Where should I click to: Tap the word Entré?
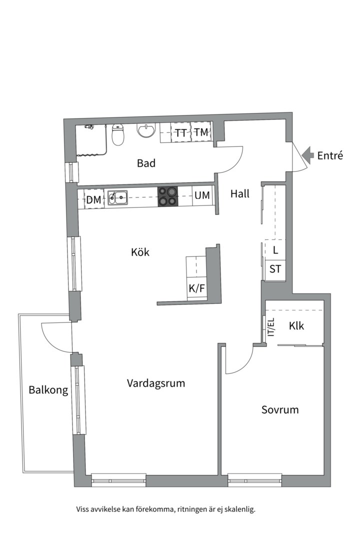tap(330, 155)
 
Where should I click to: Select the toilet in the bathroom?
tap(118, 135)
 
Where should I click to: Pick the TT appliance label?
tap(180, 133)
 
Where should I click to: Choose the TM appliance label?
tap(201, 132)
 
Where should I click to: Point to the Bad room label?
tap(146, 163)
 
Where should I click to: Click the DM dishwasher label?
tap(93, 199)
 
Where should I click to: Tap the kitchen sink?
tap(117, 197)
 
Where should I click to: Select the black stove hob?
tap(168, 196)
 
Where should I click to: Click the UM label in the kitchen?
tap(202, 195)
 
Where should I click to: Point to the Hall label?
tap(240, 194)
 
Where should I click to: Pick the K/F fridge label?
tap(196, 288)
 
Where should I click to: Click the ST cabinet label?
tap(275, 268)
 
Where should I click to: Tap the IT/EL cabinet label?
tap(271, 327)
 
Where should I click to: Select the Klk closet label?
tap(296, 325)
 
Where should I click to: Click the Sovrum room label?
tap(279, 409)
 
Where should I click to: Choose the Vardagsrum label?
tap(155, 383)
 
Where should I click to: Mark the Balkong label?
tap(48, 390)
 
